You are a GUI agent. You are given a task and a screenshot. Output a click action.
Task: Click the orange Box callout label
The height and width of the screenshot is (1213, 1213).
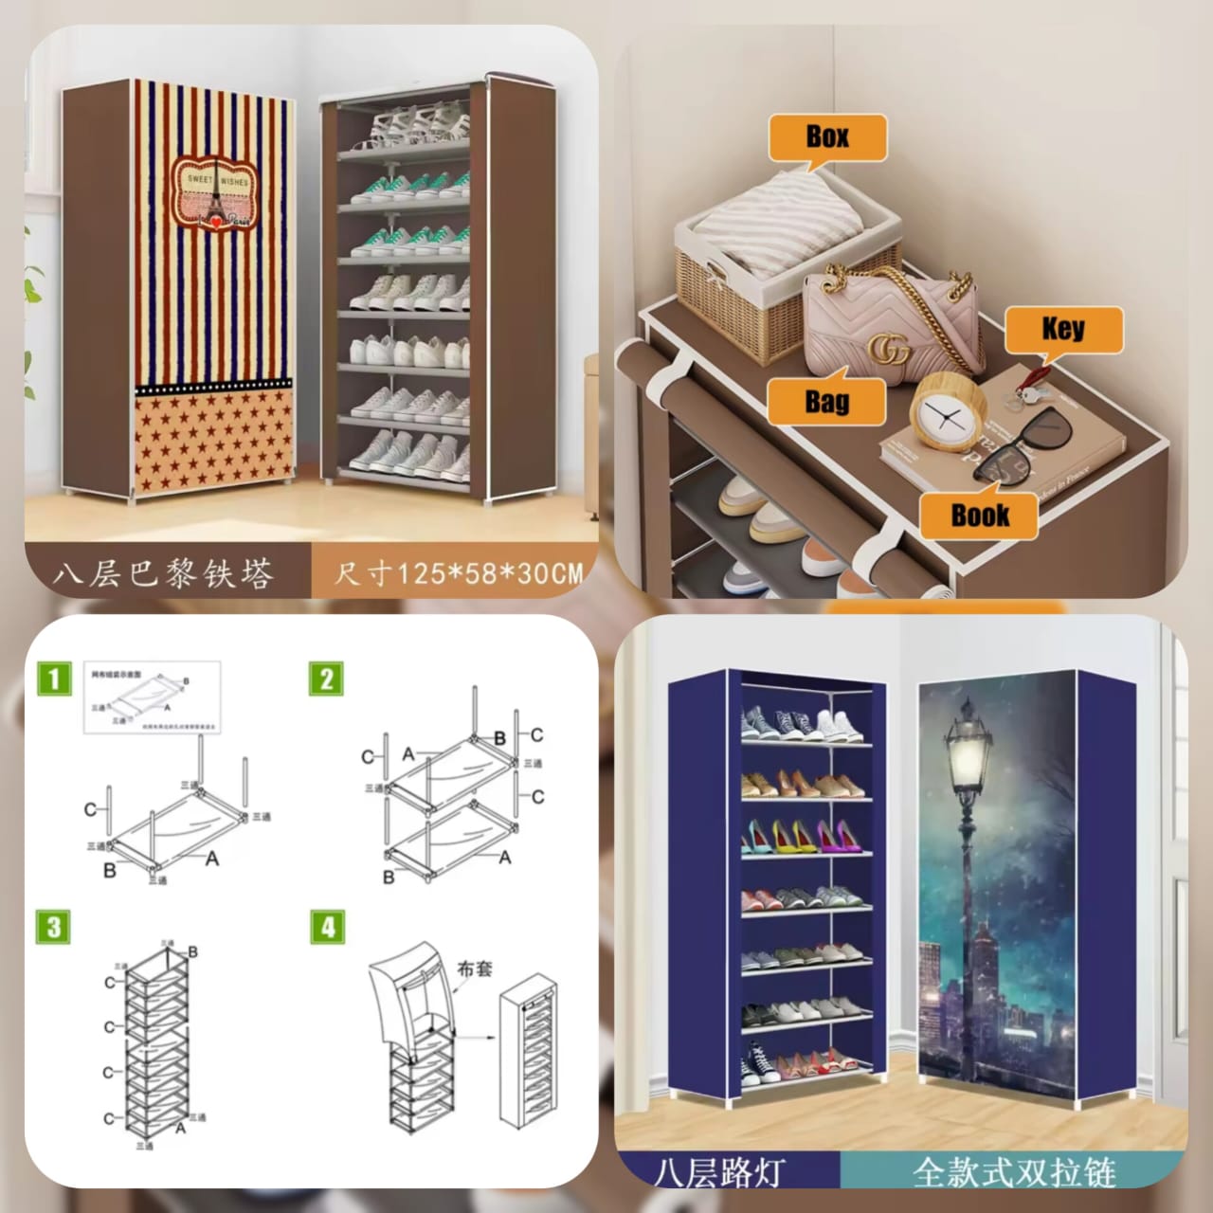827,137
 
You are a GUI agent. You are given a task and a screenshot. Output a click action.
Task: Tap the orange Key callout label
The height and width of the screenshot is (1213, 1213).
1063,330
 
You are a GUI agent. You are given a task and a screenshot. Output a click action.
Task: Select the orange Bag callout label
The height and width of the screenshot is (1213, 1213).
826,402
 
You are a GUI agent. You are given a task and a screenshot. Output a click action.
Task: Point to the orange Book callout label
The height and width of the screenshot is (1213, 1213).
979,516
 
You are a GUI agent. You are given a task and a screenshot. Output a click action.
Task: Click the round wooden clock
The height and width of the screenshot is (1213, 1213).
948,414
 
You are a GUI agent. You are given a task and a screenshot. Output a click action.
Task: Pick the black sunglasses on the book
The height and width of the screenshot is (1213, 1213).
1023,445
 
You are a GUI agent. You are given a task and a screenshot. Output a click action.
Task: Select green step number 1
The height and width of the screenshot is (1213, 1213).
55,679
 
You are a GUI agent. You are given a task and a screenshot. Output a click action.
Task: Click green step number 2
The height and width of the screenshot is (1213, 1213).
326,679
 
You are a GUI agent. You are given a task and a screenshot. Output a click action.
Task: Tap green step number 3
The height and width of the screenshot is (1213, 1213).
55,927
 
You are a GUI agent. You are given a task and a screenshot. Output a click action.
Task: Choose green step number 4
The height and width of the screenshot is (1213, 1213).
327,927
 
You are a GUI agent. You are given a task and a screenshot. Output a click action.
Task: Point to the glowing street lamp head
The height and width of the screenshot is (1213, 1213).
967,749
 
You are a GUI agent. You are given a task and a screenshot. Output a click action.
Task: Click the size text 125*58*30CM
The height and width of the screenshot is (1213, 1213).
458,573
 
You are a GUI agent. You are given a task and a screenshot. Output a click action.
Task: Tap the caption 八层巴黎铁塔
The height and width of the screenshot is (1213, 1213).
163,573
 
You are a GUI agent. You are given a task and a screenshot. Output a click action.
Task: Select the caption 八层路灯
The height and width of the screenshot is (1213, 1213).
720,1172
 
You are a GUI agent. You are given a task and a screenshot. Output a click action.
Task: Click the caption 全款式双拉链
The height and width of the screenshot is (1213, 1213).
1014,1172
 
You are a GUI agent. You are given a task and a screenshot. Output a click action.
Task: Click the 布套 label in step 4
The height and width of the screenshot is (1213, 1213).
474,969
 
